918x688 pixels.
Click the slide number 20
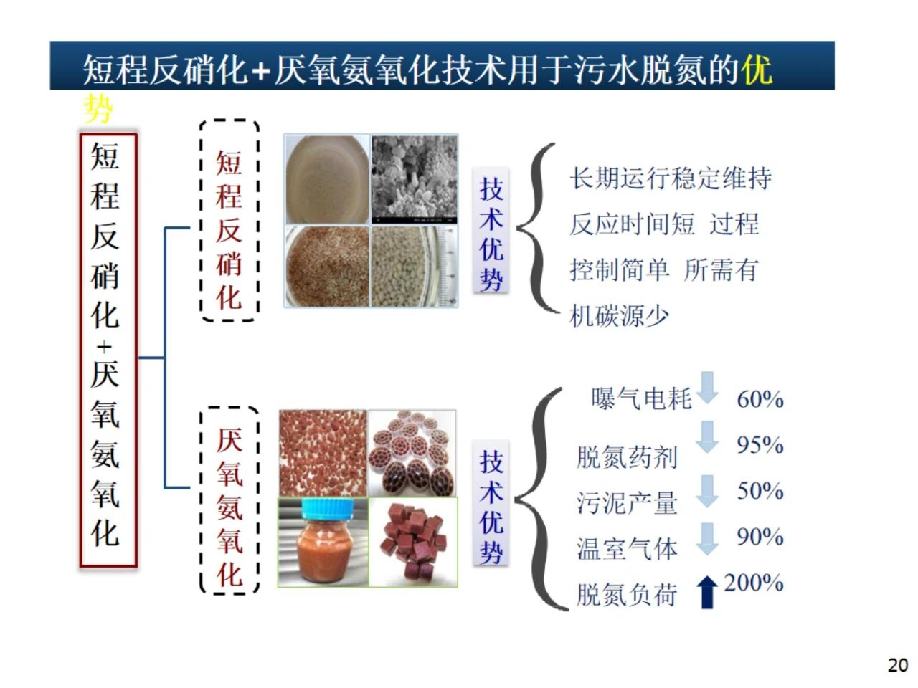click(897, 665)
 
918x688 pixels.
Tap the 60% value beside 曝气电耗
click(760, 399)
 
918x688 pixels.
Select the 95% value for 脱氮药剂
click(760, 445)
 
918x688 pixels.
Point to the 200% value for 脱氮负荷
click(753, 583)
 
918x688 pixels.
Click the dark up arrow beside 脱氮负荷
click(707, 592)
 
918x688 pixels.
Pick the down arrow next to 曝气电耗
click(707, 387)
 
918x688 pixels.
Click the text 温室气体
click(627, 549)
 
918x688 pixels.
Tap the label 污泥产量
click(627, 503)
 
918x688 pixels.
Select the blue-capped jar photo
click(323, 542)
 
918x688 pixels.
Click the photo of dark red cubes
click(413, 542)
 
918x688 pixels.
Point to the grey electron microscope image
click(415, 179)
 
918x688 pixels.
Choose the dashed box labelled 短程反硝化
click(229, 220)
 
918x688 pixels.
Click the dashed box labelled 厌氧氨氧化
click(229, 500)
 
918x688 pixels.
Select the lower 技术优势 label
click(491, 507)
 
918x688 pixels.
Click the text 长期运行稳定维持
click(671, 178)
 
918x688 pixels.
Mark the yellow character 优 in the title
click(757, 70)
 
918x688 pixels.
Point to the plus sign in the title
click(261, 71)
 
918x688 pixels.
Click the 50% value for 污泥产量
click(760, 491)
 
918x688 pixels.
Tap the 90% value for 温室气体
click(760, 537)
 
